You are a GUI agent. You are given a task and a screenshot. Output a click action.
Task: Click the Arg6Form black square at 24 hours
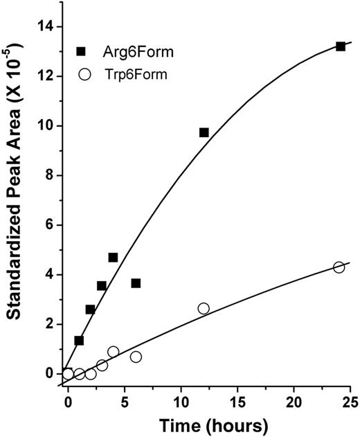pos(340,46)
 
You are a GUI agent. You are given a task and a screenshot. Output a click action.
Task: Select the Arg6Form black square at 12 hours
pos(204,132)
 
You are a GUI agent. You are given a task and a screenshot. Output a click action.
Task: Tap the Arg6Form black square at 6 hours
pos(136,283)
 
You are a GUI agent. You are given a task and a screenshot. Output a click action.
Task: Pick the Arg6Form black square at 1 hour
pos(79,341)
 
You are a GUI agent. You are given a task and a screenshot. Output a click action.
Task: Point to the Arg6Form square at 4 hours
pos(113,258)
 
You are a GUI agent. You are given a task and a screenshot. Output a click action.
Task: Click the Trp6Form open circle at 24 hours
pos(339,267)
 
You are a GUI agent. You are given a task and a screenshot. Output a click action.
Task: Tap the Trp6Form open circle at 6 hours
pos(136,357)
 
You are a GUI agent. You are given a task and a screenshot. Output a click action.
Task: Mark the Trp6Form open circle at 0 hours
pos(68,374)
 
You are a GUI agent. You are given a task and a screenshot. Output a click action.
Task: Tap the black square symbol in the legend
pos(82,51)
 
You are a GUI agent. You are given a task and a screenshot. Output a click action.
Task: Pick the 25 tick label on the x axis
pos(351,400)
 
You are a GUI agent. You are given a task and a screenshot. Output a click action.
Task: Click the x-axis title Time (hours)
pos(208,424)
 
